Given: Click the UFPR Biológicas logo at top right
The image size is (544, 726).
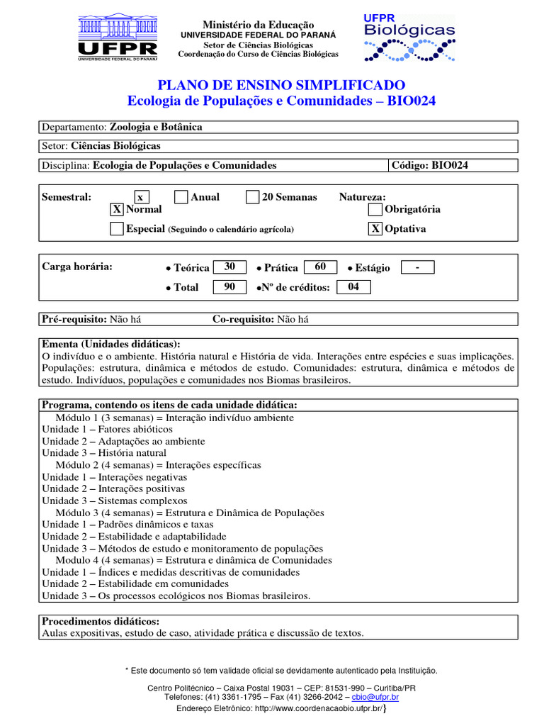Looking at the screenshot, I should tap(409, 38).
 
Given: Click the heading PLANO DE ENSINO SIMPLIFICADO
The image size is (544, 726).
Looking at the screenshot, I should tap(281, 85).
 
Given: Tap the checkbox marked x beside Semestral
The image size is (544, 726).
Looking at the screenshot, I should tap(141, 197).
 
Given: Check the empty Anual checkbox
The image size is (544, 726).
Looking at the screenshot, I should tap(181, 197).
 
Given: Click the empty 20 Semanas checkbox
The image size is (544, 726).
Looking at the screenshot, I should tap(253, 197).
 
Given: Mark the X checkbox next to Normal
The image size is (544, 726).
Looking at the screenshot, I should tap(117, 209).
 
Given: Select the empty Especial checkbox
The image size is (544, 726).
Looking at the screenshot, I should tap(117, 229).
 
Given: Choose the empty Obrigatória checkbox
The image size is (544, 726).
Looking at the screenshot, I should tap(375, 209).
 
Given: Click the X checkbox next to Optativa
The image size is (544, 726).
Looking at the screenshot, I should tap(375, 229).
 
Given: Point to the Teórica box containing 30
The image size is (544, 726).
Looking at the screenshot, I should tap(229, 267).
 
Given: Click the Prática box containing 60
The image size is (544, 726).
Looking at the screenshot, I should tap(320, 267).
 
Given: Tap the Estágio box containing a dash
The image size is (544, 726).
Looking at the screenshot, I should tap(417, 267).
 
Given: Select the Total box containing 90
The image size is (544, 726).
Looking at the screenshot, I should tap(229, 287).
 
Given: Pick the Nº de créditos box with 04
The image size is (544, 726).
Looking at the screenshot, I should tap(353, 287).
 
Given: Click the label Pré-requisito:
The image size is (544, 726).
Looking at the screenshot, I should tap(74, 319).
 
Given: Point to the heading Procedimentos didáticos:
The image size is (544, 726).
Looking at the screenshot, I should tap(101, 621).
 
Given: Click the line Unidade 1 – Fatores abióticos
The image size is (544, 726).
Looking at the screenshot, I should tap(107, 430).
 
